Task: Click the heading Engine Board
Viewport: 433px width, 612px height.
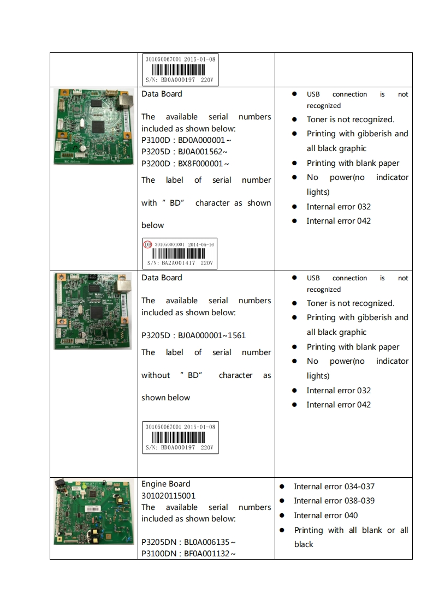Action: pos(166,484)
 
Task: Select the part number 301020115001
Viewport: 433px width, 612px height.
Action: pos(168,496)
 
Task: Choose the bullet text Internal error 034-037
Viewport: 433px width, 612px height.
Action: pos(334,487)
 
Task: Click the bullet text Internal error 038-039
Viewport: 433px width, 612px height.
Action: pos(334,501)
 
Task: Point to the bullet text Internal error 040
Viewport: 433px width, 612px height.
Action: pos(325,515)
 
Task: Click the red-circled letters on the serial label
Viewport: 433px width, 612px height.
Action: pos(147,244)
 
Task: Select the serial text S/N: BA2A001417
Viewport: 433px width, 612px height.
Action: pos(171,263)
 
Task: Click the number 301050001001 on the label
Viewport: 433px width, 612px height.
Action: pos(170,245)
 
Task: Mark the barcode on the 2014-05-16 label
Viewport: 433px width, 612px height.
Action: pos(180,254)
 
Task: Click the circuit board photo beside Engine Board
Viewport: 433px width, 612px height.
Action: pos(94,511)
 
